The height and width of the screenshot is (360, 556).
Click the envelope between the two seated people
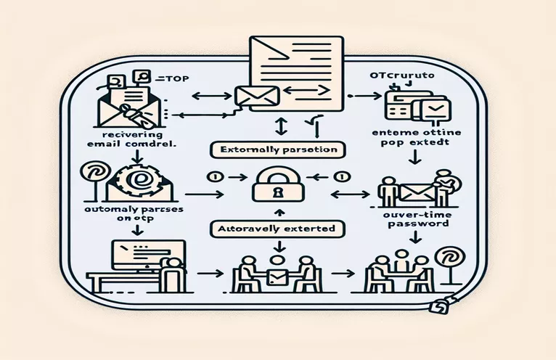click(x=277, y=276)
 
